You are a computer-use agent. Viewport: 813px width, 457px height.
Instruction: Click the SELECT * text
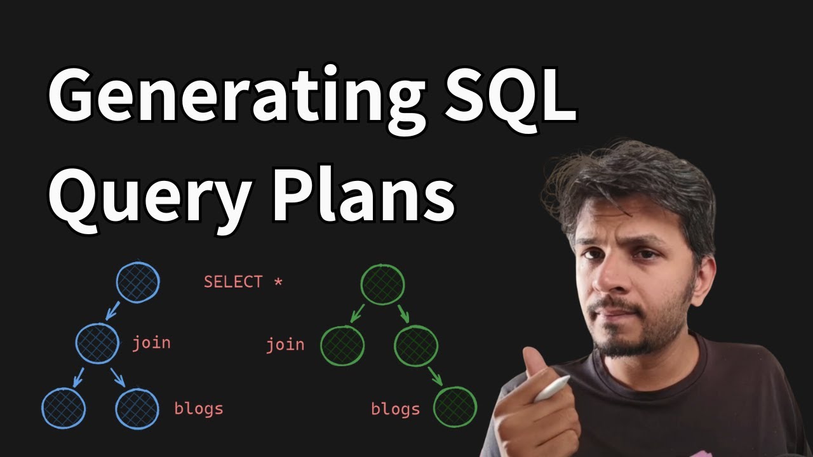(243, 282)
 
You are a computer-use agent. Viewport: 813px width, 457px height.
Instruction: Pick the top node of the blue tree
(138, 282)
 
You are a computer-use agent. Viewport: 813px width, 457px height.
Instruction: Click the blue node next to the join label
(97, 343)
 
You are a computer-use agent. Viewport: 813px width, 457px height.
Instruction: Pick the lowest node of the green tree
(455, 407)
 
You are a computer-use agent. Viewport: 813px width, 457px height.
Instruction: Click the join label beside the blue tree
(151, 343)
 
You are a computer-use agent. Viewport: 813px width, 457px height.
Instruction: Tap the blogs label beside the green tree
(395, 409)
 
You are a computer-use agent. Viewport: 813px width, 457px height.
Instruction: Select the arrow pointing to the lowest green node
(435, 376)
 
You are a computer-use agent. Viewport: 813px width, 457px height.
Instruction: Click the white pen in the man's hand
(552, 389)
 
